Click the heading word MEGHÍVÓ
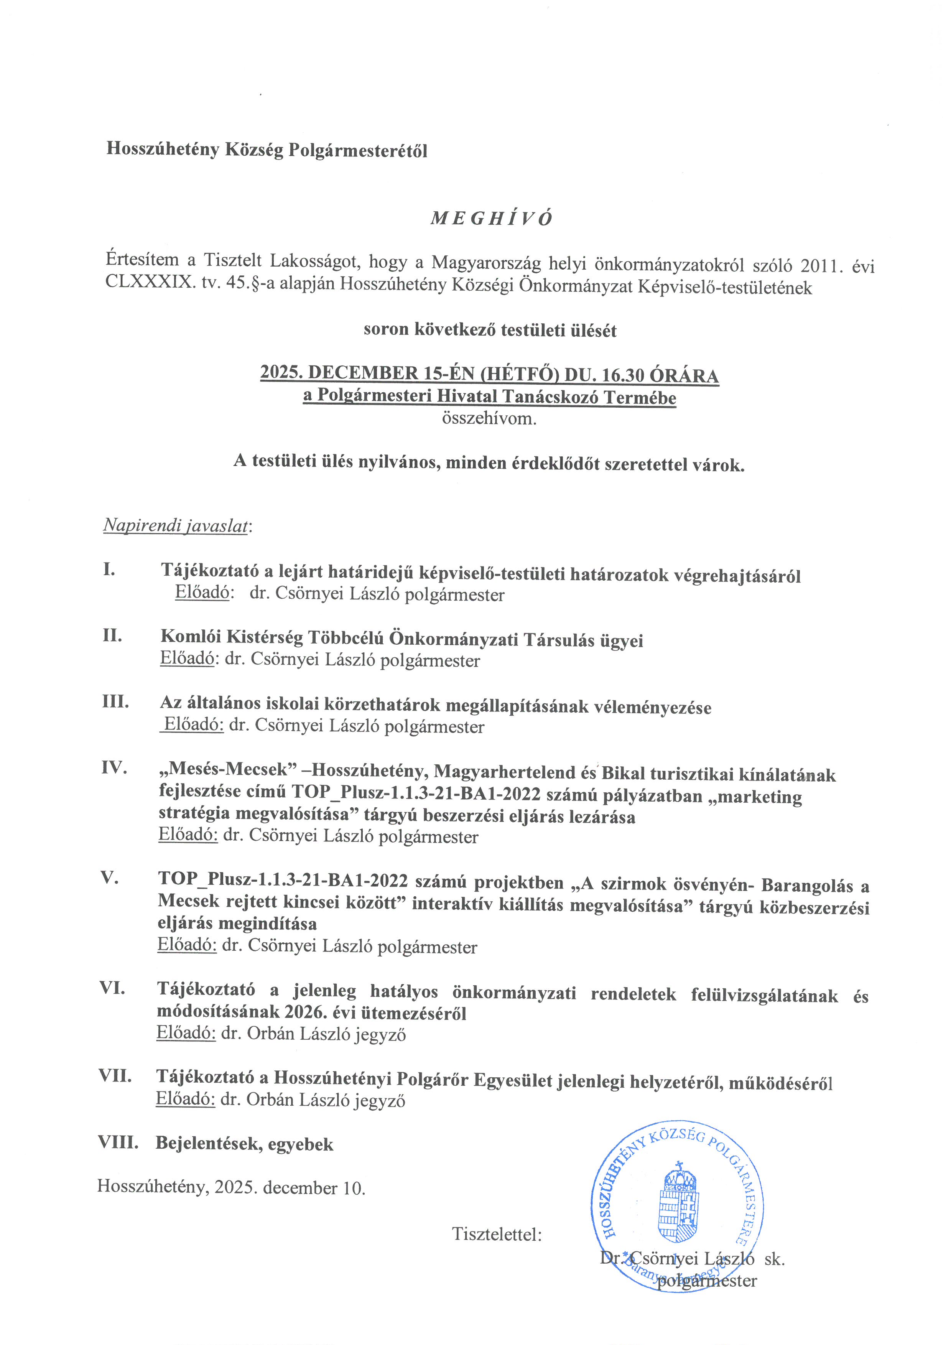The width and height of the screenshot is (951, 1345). tap(491, 219)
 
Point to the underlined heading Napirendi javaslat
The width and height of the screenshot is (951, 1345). tap(176, 525)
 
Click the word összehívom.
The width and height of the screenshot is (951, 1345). tap(489, 419)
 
